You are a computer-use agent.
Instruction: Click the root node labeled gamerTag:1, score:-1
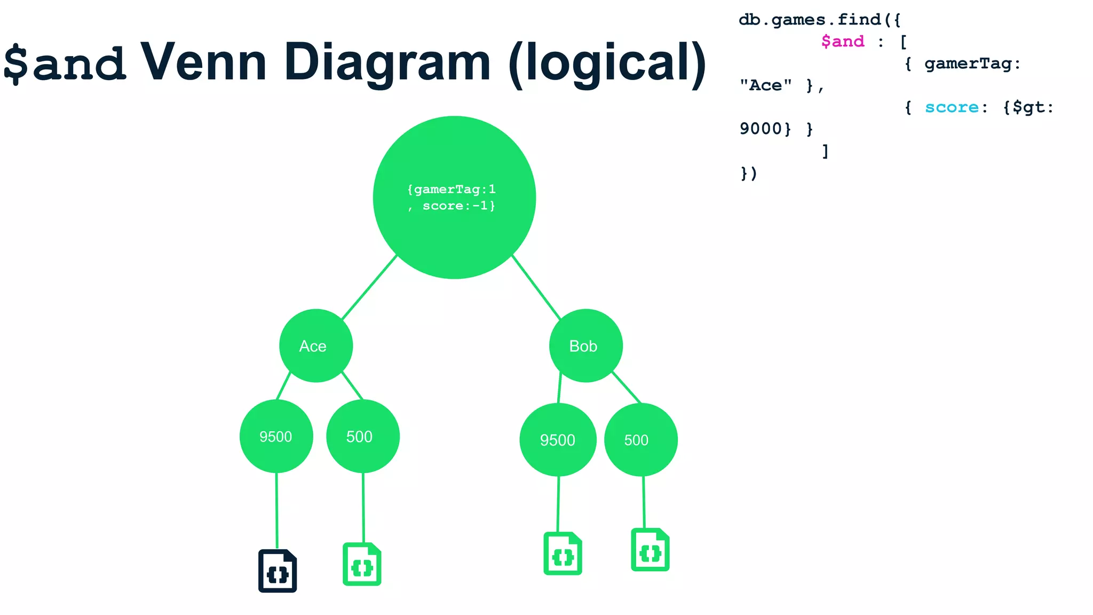pyautogui.click(x=454, y=198)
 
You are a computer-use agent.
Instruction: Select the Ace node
pyautogui.click(x=315, y=346)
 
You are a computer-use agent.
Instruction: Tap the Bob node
pyautogui.click(x=585, y=346)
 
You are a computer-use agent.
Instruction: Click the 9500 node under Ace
pyautogui.click(x=276, y=436)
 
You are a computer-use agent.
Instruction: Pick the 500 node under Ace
pyautogui.click(x=362, y=436)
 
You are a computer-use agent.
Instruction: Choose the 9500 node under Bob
pyautogui.click(x=558, y=440)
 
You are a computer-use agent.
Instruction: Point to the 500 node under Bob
pyautogui.click(x=640, y=440)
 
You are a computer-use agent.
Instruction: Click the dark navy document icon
pyautogui.click(x=278, y=571)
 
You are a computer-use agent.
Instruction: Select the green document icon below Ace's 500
pyautogui.click(x=362, y=564)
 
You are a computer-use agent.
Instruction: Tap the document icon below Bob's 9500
pyautogui.click(x=563, y=554)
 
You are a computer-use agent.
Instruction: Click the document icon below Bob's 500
pyautogui.click(x=650, y=550)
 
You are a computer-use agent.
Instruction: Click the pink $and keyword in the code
pyautogui.click(x=842, y=42)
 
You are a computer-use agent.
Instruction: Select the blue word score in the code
pyautogui.click(x=952, y=107)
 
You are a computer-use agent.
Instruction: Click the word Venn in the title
pyautogui.click(x=203, y=63)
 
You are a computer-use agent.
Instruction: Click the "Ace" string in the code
pyautogui.click(x=765, y=85)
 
